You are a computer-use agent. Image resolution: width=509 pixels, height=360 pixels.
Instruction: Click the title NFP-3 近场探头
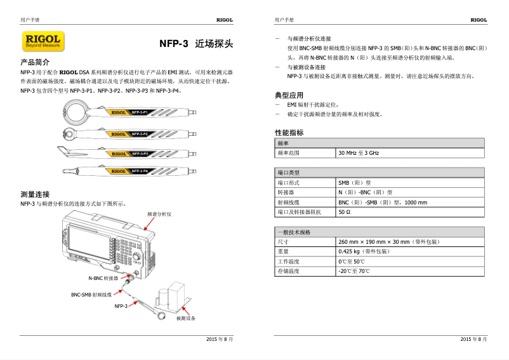[x=196, y=44]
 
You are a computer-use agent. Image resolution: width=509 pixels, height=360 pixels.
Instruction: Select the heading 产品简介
[x=35, y=63]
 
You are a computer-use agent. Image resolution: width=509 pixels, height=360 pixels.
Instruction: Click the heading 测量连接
[x=35, y=194]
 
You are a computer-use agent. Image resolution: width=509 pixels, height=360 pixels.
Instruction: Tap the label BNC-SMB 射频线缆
[x=91, y=295]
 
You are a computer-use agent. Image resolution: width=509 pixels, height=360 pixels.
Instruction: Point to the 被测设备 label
[x=185, y=318]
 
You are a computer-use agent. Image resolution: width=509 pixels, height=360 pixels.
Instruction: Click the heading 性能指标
[x=289, y=133]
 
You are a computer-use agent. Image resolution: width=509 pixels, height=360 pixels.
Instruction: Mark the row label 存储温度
[x=288, y=271]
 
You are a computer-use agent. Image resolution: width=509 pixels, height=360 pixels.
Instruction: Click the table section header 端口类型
[x=288, y=173]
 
